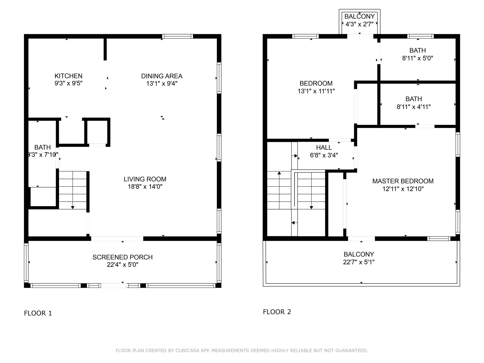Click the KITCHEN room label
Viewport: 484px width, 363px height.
point(68,76)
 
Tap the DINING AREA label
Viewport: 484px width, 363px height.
point(162,76)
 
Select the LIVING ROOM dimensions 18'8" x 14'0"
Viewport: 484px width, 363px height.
point(145,187)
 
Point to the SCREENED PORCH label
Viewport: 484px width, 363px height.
point(123,257)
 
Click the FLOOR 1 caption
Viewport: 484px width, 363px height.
point(38,313)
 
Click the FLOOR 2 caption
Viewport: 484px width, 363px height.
point(277,312)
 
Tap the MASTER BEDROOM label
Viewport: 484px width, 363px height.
point(403,181)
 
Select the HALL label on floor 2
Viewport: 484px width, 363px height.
point(324,147)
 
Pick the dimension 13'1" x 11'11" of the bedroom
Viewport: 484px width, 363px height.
point(316,91)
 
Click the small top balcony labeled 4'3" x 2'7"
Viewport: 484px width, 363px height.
point(359,20)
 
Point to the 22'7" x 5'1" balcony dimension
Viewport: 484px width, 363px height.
point(359,262)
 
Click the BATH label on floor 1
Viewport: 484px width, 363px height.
point(43,147)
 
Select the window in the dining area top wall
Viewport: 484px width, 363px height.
point(177,36)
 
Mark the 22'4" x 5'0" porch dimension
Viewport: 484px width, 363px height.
point(123,265)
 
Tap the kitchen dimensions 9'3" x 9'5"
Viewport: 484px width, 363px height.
point(69,83)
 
